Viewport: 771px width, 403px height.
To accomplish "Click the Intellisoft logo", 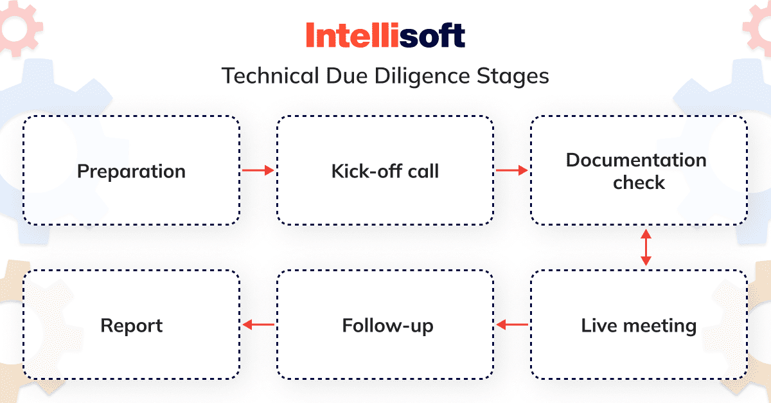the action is [x=385, y=35].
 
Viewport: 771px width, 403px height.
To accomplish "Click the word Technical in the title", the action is [x=270, y=76].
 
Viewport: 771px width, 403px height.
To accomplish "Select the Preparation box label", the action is [x=131, y=172].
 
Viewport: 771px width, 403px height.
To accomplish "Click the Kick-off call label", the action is [x=385, y=171].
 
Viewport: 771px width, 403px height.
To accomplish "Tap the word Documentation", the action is [x=636, y=160].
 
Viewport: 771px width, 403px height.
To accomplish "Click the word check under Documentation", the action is [x=639, y=183].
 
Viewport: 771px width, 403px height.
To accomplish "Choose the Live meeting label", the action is [x=639, y=325].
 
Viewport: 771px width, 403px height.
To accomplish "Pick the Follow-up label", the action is [x=387, y=326].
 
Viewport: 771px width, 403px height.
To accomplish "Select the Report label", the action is [x=132, y=326].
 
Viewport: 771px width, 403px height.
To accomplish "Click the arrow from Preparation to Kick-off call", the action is [x=258, y=170].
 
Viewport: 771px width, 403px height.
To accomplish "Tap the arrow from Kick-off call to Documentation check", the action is [x=512, y=170].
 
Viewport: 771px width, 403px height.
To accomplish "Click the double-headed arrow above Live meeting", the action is [x=646, y=247].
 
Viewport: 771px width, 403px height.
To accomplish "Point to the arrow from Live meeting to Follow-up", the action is [x=512, y=325].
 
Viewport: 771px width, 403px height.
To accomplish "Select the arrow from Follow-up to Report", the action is [x=258, y=325].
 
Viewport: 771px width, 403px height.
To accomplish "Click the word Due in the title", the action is [x=347, y=76].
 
